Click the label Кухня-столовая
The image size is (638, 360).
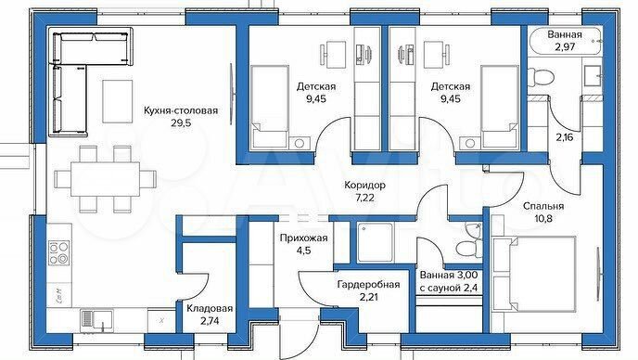180,111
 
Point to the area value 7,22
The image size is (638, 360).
362,199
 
